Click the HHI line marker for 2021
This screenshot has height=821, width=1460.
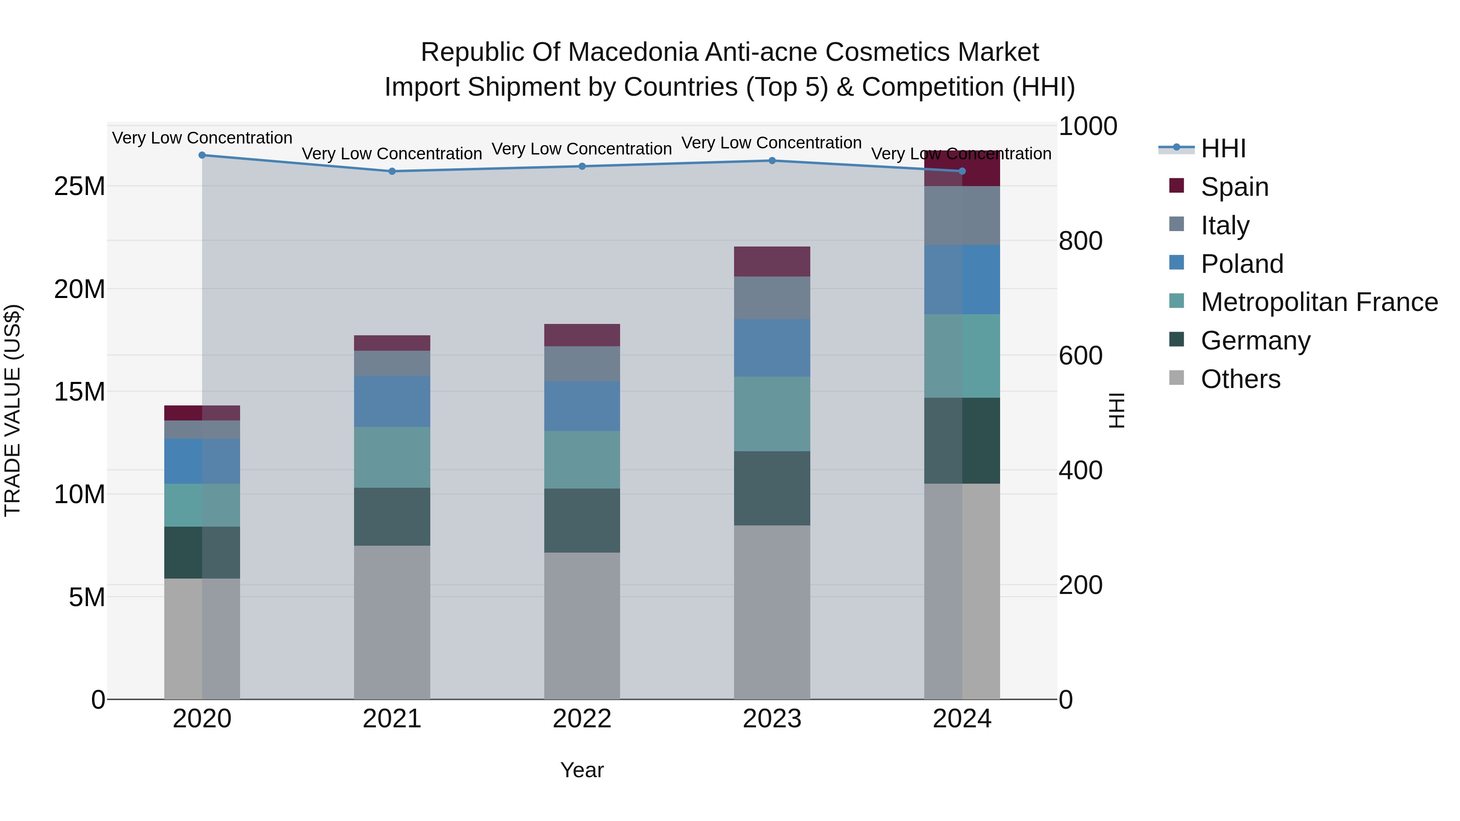pos(392,171)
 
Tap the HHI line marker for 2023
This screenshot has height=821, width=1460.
pos(771,160)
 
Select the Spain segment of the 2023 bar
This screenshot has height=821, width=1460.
pos(771,261)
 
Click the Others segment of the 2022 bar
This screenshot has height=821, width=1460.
pos(582,626)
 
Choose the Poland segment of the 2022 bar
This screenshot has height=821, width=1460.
pos(582,406)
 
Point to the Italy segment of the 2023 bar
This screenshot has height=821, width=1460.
pos(771,298)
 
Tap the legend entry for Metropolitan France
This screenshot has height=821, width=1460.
pos(1318,302)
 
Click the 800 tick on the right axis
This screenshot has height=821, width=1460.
pos(1080,241)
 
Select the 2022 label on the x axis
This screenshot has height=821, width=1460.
pos(582,719)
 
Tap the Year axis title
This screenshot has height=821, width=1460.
pos(582,770)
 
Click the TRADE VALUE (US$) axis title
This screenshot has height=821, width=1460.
pos(13,410)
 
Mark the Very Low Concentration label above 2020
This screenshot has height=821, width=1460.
pos(202,138)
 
